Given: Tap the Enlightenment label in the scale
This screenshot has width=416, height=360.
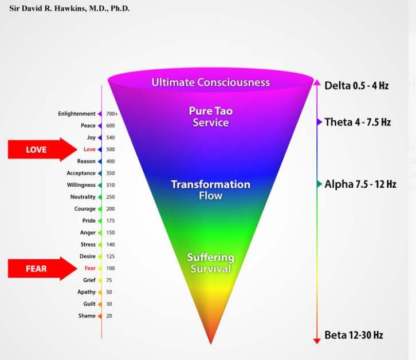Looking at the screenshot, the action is coord(77,114).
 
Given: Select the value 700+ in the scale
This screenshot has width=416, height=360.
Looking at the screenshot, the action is coord(112,114).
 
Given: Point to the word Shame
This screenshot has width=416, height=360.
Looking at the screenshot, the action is coord(87,316).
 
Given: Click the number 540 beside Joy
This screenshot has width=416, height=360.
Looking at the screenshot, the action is coord(111,138).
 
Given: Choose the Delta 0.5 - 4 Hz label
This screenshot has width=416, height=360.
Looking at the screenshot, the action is coord(356,86).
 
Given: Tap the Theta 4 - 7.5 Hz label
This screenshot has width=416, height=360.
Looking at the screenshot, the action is coord(358,122).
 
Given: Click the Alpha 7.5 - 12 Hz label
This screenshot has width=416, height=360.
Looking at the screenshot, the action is coord(360,184).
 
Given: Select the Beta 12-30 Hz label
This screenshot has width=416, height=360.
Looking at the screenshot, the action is coord(354,335).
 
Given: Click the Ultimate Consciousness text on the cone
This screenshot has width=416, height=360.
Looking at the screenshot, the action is coord(210,82).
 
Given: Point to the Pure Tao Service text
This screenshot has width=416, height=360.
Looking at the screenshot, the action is coord(210,117).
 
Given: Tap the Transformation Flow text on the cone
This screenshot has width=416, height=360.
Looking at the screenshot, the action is coord(210,190).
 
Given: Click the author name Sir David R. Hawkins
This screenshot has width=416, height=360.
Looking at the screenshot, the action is coord(69,9).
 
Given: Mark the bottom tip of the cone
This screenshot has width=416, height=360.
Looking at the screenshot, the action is coord(211,342).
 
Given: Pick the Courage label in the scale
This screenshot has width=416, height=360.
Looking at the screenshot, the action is coord(85,209).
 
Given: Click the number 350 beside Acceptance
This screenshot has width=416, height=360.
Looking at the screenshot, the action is coord(111,173).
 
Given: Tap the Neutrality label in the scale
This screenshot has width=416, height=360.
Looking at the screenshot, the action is coord(83,197).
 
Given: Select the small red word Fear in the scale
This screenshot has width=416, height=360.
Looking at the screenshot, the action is coord(89,268).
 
